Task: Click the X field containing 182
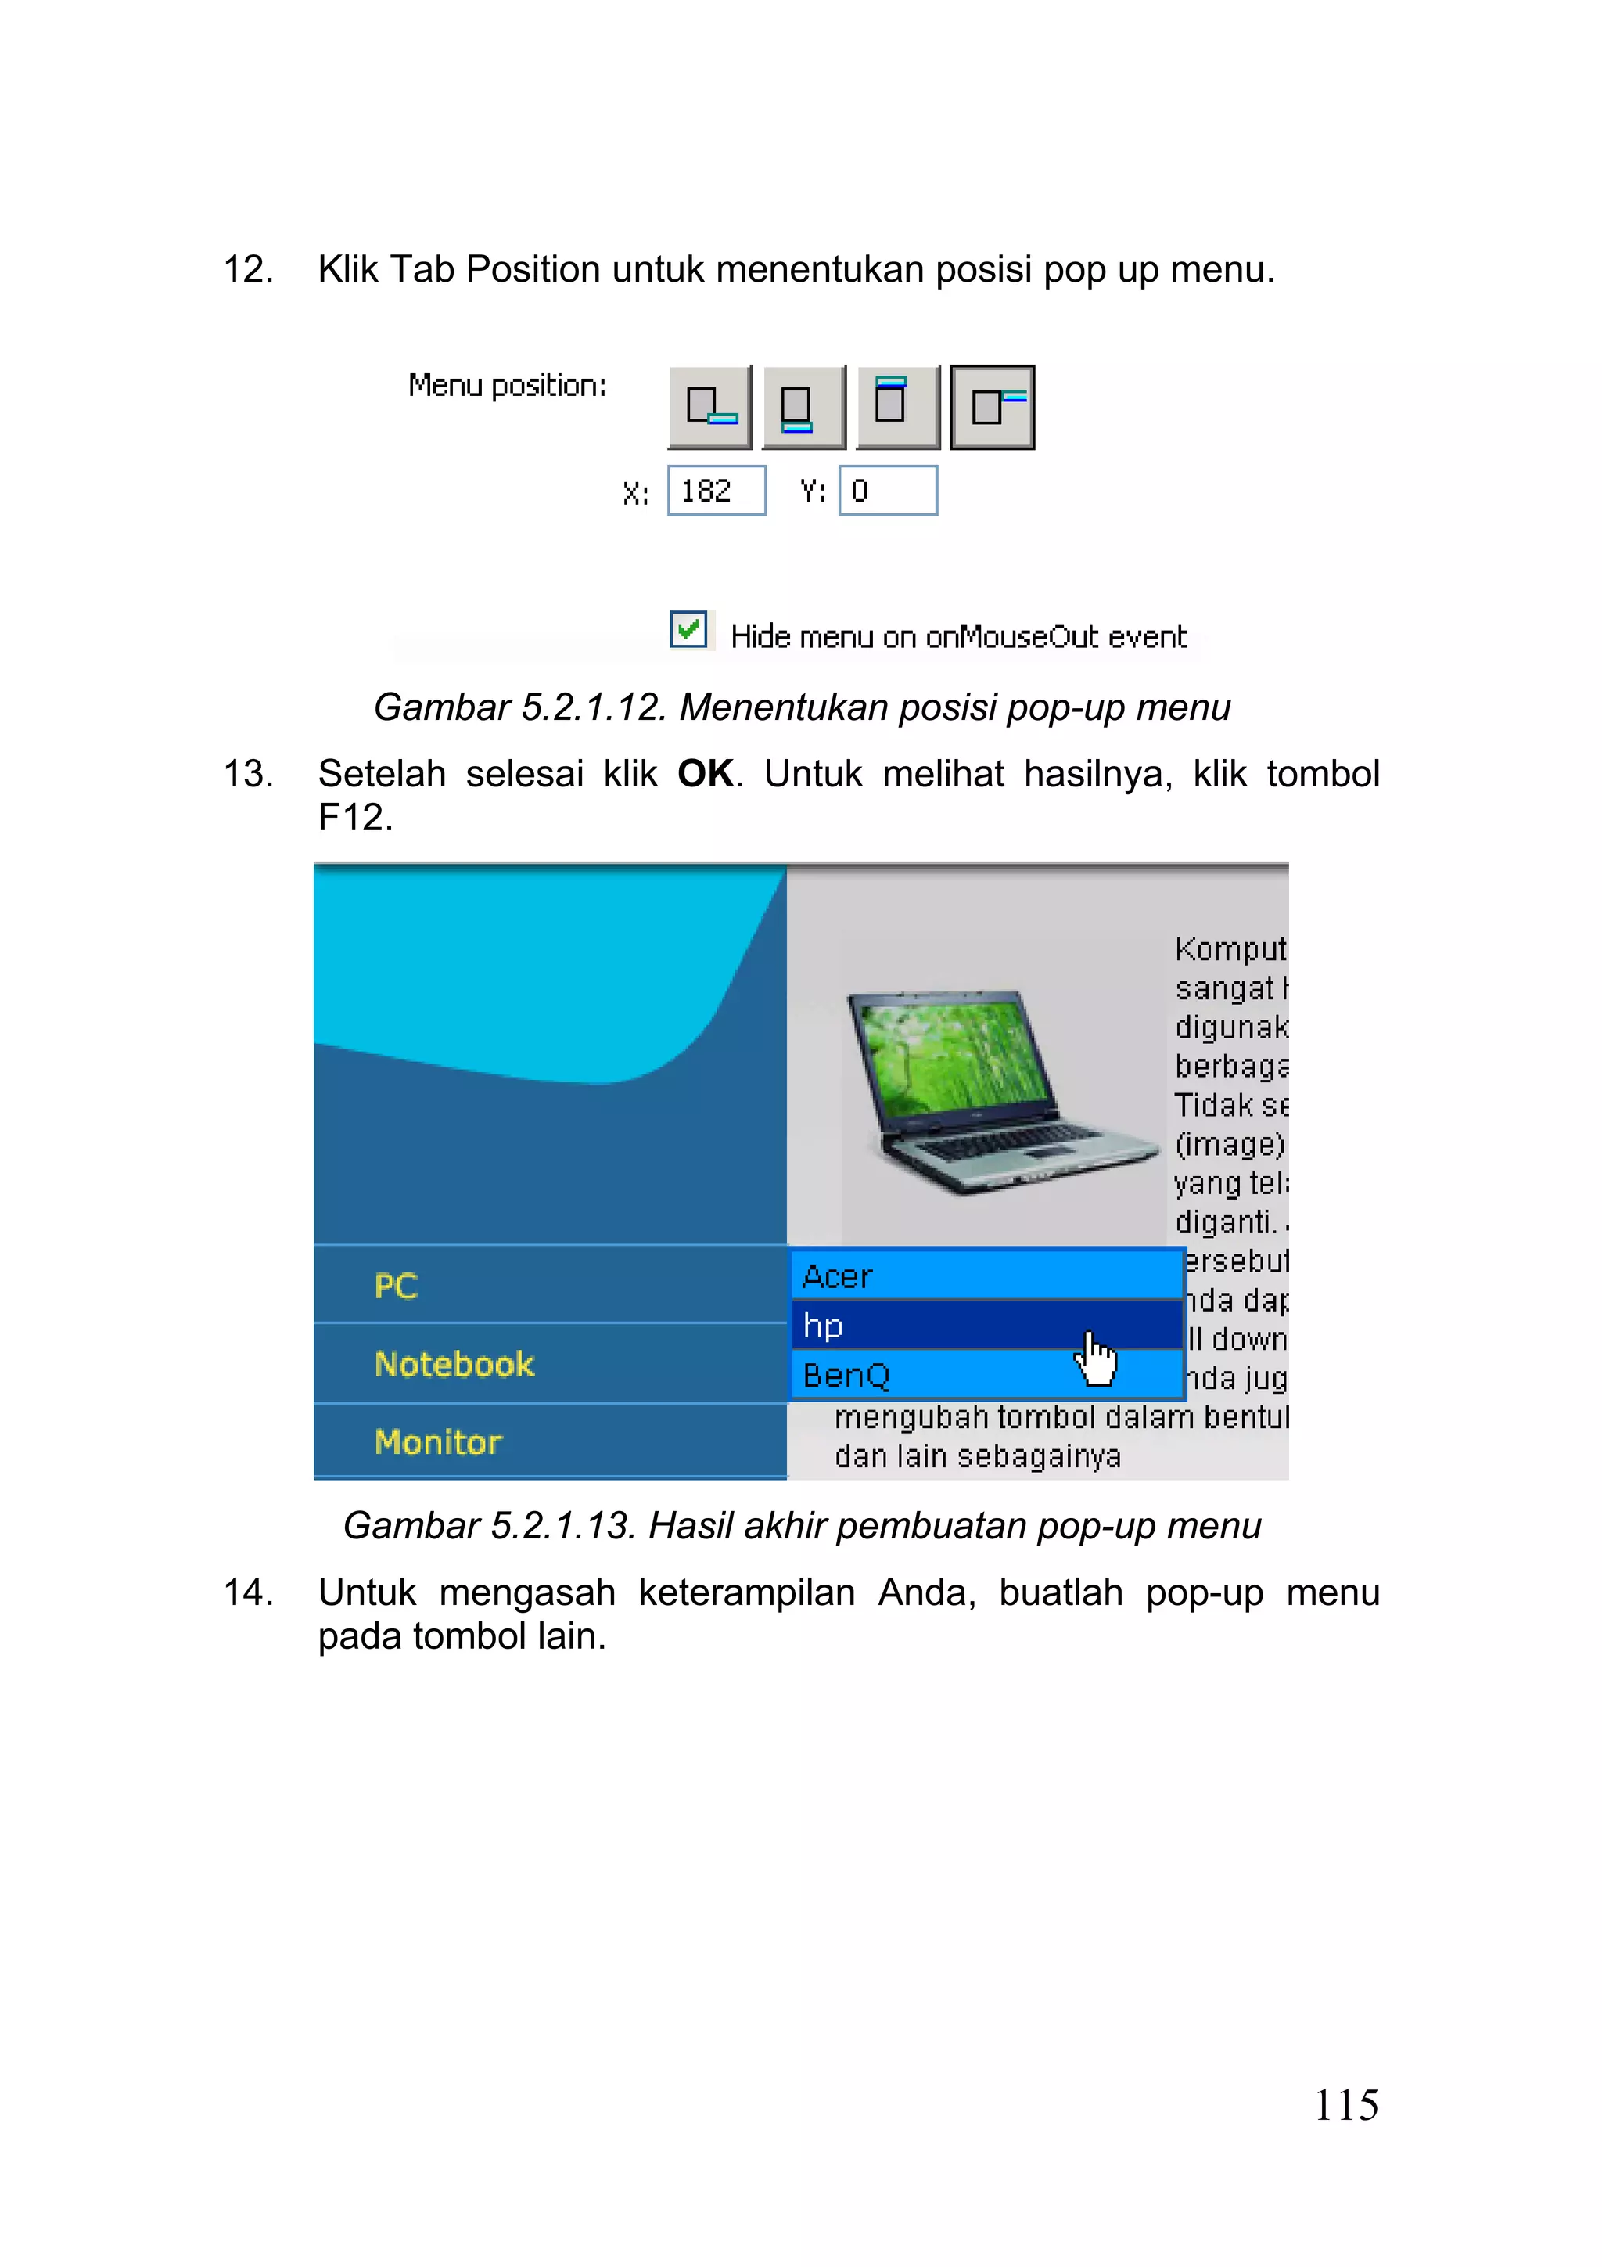coord(717,491)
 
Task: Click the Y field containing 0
coord(887,491)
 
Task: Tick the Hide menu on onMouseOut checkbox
coord(688,629)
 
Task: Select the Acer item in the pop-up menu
coord(987,1276)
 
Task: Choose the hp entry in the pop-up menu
coord(987,1325)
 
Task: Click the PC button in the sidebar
coord(549,1286)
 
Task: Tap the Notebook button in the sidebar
coord(549,1363)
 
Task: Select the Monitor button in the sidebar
coord(549,1441)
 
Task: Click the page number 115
coord(1345,2106)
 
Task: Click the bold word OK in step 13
coord(706,774)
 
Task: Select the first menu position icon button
coord(709,407)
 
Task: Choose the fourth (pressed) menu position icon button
coord(992,407)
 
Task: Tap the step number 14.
coord(248,1592)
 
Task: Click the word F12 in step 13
coord(354,818)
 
